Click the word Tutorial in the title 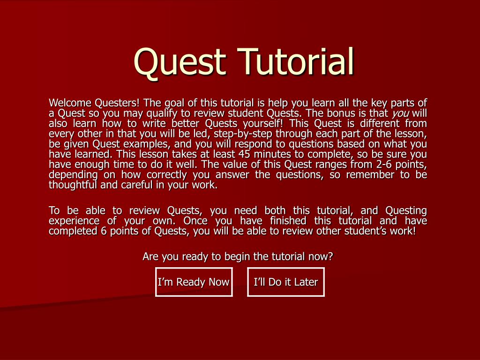(x=296, y=61)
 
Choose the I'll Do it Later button (x=285, y=282)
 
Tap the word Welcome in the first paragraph (x=70, y=103)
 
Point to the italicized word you (x=400, y=113)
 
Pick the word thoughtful (x=72, y=185)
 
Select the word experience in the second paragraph (x=74, y=221)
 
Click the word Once (x=195, y=221)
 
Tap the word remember (x=363, y=174)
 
